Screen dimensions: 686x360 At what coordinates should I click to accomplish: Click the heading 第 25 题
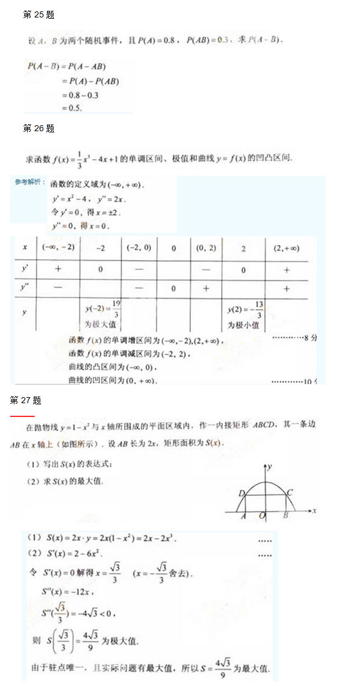[39, 15]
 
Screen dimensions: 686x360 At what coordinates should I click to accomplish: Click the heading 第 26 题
[39, 128]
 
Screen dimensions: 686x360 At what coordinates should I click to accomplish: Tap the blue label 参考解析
[30, 182]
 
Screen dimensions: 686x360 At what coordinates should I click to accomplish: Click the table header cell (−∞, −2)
[58, 248]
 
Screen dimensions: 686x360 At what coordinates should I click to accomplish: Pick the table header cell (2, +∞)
[286, 248]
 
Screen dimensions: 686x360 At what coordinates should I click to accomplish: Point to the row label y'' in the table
[25, 288]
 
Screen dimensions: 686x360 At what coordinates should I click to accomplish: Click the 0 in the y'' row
[173, 289]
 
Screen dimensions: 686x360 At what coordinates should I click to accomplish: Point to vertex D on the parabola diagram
[241, 493]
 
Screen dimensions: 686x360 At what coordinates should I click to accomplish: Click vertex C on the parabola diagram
[290, 493]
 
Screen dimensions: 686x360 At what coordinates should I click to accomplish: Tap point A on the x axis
[243, 516]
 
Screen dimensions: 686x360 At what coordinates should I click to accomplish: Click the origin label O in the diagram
[262, 516]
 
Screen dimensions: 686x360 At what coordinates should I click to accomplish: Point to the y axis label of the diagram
[272, 466]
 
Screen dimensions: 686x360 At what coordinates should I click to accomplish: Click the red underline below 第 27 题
[22, 416]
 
